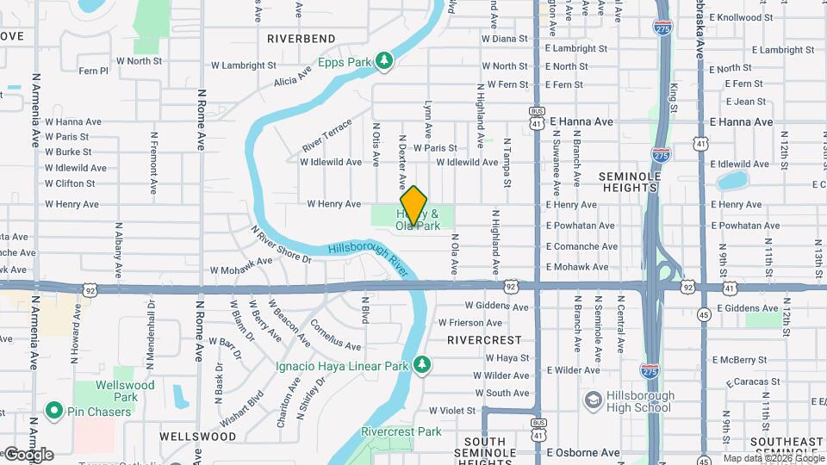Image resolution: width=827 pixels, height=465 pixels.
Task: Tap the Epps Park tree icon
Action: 385,61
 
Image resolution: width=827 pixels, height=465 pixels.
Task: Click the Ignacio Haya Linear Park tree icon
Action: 422,365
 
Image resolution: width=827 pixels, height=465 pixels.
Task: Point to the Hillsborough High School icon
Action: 593,400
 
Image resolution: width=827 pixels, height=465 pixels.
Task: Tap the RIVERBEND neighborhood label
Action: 301,39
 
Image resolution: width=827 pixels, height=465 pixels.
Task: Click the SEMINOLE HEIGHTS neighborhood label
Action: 630,183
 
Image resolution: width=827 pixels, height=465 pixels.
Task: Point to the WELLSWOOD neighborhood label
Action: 198,437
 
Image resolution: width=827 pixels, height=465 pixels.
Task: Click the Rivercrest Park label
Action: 401,431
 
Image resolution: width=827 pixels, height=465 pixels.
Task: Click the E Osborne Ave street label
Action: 582,452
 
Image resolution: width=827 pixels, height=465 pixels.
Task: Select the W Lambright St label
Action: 243,65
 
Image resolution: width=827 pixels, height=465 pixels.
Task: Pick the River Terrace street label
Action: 326,136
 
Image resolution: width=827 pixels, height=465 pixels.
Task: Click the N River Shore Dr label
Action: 281,244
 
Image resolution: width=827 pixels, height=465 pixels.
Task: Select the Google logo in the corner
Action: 28,454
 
